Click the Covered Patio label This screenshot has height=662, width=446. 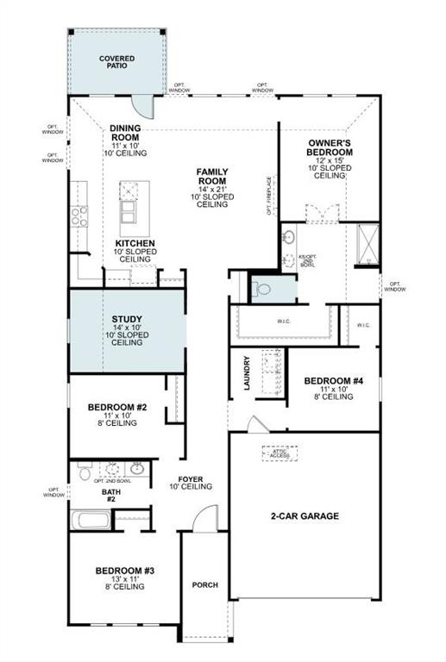(x=116, y=61)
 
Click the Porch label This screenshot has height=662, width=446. (x=205, y=585)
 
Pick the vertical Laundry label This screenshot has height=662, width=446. (x=248, y=373)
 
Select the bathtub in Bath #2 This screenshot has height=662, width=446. (x=90, y=521)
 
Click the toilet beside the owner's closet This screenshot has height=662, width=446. (x=264, y=288)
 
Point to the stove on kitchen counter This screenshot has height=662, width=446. (x=80, y=213)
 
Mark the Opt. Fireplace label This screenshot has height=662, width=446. (x=269, y=196)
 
